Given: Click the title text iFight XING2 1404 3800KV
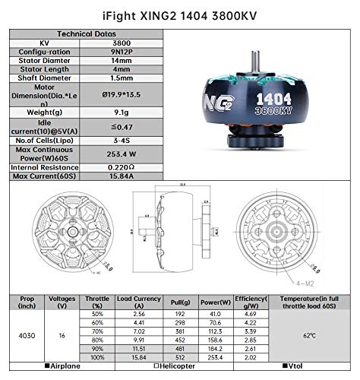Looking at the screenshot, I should tap(181, 14).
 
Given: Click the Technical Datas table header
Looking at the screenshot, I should tap(86, 34).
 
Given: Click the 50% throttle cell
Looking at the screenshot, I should tap(96, 313).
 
